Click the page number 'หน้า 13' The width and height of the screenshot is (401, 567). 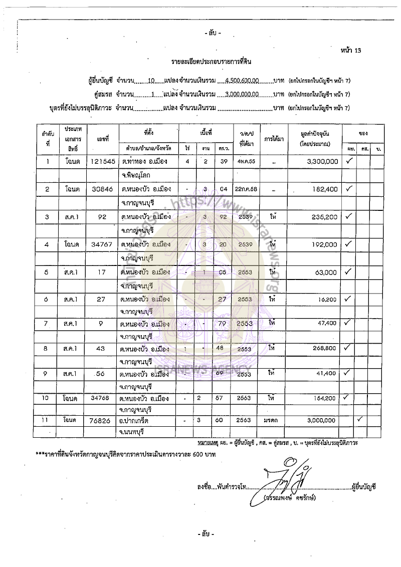coord(349,51)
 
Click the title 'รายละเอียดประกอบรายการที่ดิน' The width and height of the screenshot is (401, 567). coord(211,62)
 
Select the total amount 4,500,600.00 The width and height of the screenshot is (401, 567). coord(243,80)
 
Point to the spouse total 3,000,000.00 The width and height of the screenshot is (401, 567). coord(242,94)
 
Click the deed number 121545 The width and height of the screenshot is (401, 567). coord(101,161)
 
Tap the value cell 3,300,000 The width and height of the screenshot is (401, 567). coord(321,162)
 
